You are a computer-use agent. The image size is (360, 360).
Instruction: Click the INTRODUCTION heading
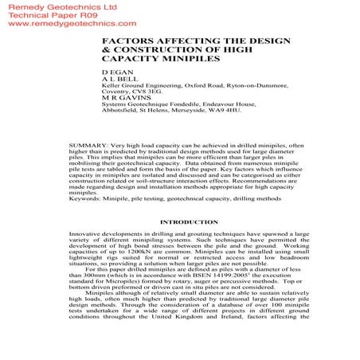click(179, 222)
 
